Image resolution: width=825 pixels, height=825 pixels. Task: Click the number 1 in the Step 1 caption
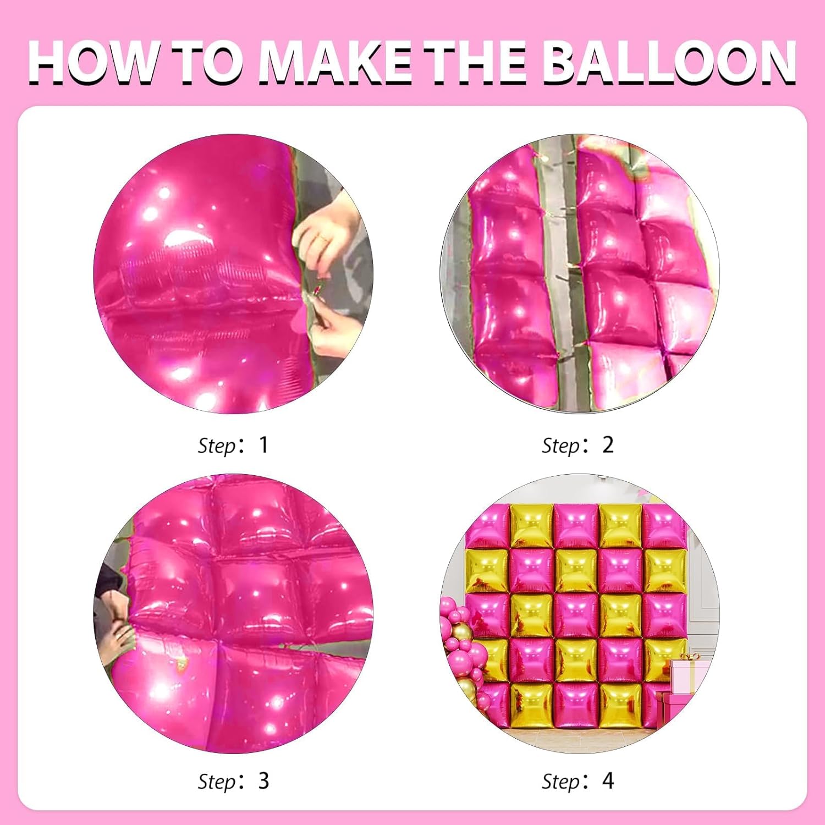263,444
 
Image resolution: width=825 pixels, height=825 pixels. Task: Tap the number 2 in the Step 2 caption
608,444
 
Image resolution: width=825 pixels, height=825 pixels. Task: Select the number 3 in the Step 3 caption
263,780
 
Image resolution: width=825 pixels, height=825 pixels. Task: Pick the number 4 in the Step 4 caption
608,780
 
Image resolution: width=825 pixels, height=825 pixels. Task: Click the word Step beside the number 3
217,782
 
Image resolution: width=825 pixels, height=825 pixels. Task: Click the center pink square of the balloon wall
576,615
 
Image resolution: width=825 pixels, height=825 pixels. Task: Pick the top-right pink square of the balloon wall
664,526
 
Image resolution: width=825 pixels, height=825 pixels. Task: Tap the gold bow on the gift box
690,657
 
